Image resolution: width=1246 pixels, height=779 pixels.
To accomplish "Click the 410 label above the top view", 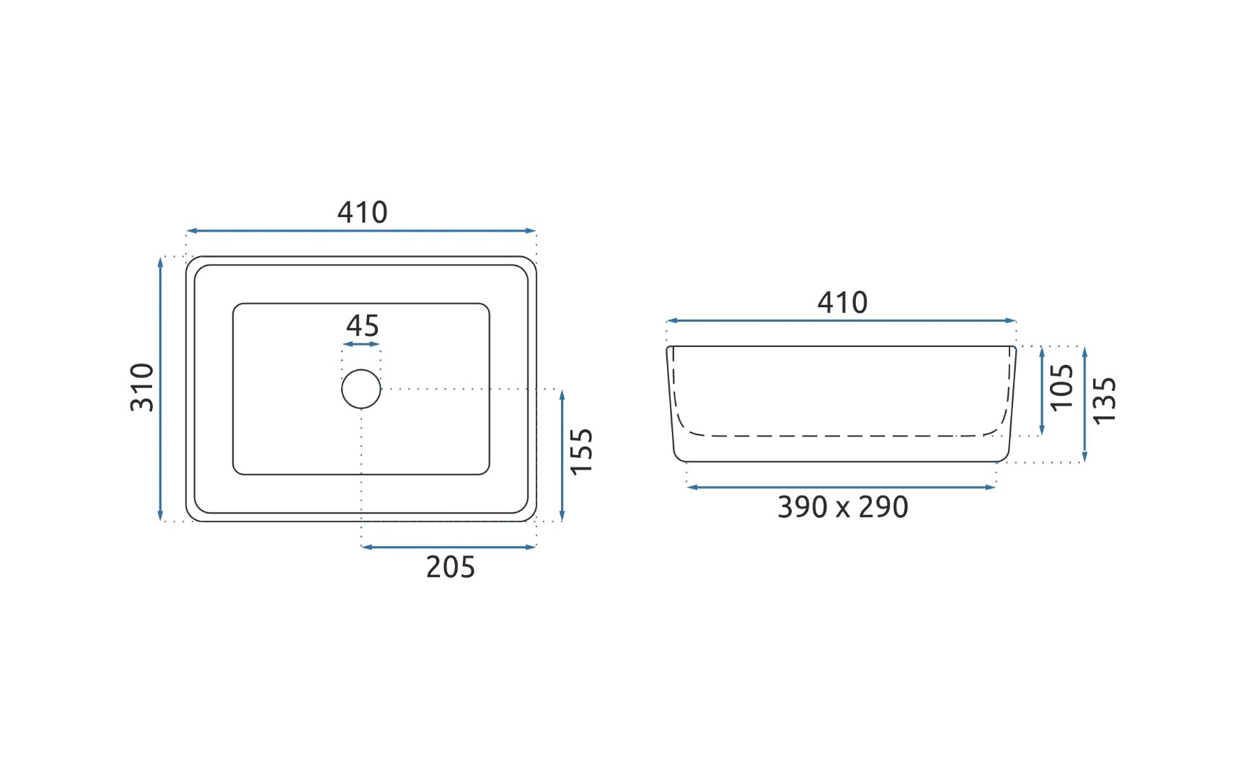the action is pyautogui.click(x=362, y=212).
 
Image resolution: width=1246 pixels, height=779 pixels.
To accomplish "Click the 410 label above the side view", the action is pyautogui.click(x=842, y=302).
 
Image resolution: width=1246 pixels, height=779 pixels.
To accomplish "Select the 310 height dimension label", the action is pyautogui.click(x=142, y=387).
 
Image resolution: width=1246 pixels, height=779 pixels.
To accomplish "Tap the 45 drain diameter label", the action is pyautogui.click(x=362, y=326).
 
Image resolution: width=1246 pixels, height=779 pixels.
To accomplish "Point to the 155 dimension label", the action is pyautogui.click(x=581, y=452).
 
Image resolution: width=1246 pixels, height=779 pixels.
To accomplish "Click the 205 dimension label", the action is pyautogui.click(x=451, y=568).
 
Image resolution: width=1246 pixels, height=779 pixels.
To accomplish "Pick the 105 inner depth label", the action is pyautogui.click(x=1061, y=387).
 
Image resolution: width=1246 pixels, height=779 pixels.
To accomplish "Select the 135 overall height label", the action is pyautogui.click(x=1104, y=400).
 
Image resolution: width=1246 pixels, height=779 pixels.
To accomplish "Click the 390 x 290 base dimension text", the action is pyautogui.click(x=843, y=507).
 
